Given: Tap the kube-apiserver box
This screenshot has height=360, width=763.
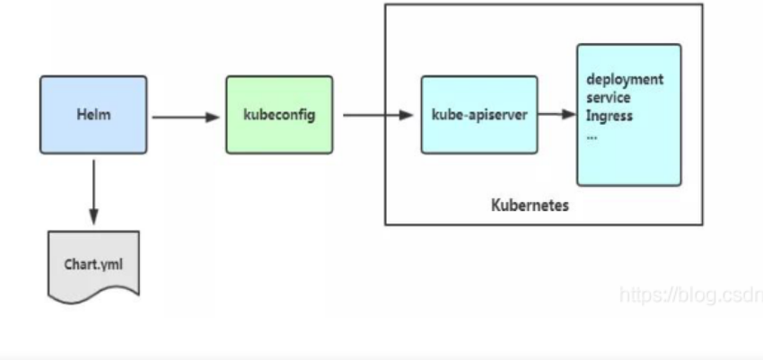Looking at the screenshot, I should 478,115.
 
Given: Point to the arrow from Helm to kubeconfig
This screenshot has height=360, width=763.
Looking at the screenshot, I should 184,116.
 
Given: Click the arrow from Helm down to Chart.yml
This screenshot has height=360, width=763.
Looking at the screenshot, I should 93,193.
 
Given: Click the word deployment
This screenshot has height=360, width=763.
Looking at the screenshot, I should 625,79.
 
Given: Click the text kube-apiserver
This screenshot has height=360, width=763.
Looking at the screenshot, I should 478,115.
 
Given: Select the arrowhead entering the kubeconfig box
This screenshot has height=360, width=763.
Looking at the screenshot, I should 214,116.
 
